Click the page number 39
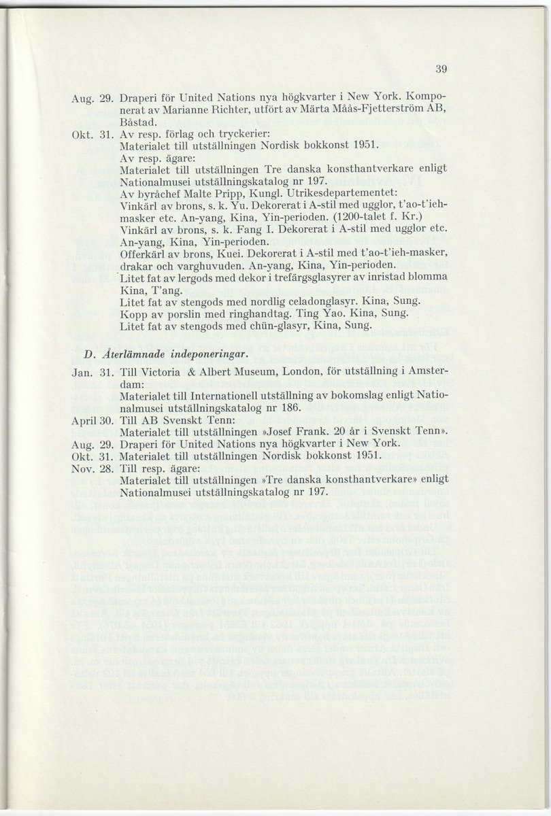click(x=440, y=68)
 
